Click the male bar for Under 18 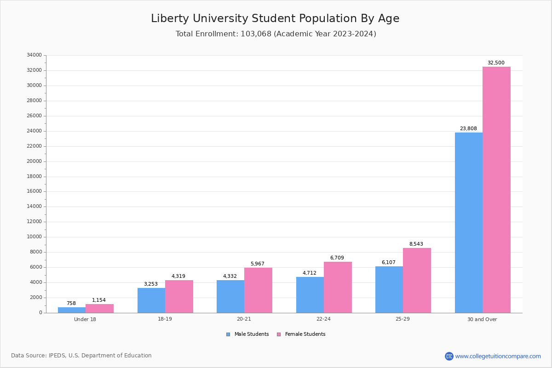[x=72, y=310]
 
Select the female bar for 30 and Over [x=496, y=190]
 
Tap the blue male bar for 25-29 [x=389, y=290]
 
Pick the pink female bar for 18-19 [x=179, y=296]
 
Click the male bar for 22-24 [x=310, y=295]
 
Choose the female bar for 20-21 [x=258, y=290]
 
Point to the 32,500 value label [x=496, y=63]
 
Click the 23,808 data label [x=468, y=129]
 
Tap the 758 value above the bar [x=71, y=304]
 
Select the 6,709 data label [x=337, y=258]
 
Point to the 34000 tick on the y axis [x=34, y=55]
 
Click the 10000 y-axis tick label [x=34, y=237]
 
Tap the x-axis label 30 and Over [x=482, y=319]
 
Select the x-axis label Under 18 [x=85, y=319]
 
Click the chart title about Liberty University [x=275, y=19]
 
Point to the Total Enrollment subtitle [x=276, y=34]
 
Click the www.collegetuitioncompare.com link [x=498, y=356]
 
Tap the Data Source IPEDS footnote [x=81, y=356]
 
